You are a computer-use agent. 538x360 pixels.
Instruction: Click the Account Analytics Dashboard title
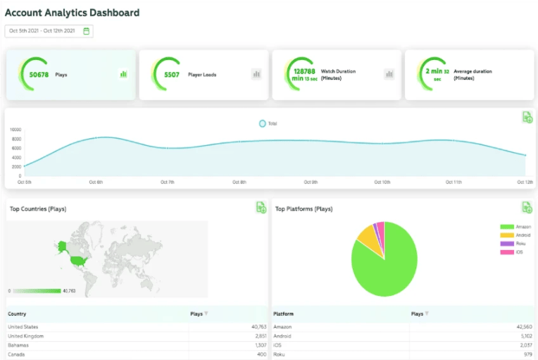[72, 13]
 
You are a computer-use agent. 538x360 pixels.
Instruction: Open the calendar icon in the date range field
[86, 31]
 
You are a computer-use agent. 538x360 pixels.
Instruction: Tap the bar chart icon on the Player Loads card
[256, 74]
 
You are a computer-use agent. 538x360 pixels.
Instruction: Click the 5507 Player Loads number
[171, 74]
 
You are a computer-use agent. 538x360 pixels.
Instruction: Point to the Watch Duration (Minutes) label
[338, 74]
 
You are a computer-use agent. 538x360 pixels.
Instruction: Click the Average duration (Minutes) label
[473, 74]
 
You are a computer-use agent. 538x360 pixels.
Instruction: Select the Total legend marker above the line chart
[263, 123]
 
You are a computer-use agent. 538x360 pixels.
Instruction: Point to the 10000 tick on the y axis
[15, 130]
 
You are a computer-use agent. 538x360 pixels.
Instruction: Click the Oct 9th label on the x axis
[311, 182]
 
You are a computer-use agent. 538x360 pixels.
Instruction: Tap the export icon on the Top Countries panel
[261, 207]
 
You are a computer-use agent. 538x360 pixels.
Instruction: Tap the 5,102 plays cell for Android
[521, 336]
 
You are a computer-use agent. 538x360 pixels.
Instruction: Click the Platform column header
[283, 314]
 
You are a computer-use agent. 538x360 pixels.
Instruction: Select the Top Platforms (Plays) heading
[304, 209]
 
